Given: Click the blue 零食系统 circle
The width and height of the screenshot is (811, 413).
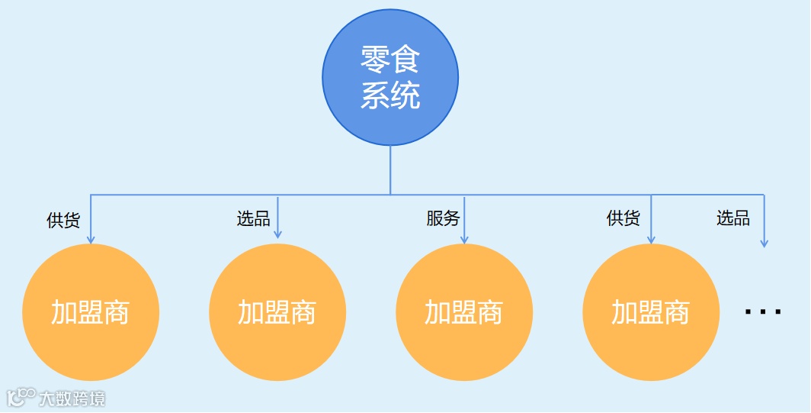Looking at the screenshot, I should pos(390,77).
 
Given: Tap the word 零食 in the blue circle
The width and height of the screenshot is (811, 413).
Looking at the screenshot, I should pos(390,60).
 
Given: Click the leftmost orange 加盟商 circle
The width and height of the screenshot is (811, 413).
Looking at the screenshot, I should pos(91,312).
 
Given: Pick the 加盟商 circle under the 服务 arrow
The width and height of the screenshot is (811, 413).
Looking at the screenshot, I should pos(464,312).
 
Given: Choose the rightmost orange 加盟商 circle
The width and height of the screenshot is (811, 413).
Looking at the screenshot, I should pos(651,312).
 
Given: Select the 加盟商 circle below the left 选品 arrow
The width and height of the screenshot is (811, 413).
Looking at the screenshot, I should pos(277,312).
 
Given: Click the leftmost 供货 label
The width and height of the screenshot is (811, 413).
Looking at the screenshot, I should pos(63,221).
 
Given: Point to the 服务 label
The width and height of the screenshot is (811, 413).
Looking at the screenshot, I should pos(443,219).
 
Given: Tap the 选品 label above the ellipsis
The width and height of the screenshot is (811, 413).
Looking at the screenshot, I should pos(732,219).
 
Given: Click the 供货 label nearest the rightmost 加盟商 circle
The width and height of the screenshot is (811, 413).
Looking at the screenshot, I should pos(623,219).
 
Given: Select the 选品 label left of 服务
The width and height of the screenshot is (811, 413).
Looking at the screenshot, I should pos(253,220).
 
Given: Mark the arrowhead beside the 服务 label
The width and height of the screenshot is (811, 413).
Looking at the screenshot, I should pos(464,240).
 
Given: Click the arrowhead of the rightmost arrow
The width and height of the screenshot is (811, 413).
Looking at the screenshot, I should pos(764,243).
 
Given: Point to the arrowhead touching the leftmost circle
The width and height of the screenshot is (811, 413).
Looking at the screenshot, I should pos(91,239).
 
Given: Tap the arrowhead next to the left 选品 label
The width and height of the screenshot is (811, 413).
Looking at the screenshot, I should pos(277,234).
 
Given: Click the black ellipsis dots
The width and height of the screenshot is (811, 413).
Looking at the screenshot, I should pos(763,311).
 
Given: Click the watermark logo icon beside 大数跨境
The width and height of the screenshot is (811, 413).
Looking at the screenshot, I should pos(21,397).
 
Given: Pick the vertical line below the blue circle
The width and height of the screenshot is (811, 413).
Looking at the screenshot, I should pos(390,169).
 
